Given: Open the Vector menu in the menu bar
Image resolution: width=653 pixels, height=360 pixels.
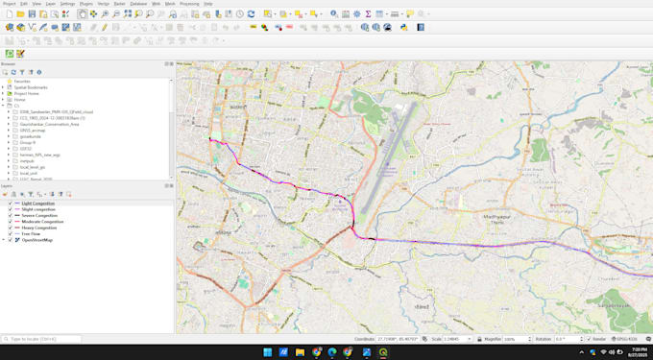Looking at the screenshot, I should click(104, 4).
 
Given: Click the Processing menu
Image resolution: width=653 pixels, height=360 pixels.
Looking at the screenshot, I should click(189, 4).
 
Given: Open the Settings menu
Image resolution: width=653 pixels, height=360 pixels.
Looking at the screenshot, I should click(67, 4).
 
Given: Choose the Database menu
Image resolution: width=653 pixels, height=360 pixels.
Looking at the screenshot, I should click(139, 4).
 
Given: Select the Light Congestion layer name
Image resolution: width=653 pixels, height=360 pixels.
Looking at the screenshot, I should click(37, 204).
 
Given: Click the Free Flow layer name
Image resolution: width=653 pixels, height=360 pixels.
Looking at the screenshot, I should click(31, 233).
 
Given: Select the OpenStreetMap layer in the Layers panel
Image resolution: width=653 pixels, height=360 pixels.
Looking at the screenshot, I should click(38, 239).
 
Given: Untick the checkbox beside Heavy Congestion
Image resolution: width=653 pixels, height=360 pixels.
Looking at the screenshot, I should click(11, 228).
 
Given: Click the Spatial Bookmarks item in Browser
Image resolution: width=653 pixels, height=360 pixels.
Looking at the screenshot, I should click(31, 86).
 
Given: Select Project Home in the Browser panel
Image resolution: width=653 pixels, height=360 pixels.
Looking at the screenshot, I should click(27, 93).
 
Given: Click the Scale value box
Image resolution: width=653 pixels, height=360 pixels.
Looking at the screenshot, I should click(458, 339).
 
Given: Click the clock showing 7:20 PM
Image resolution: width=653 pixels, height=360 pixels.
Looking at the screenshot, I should click(624, 352).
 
